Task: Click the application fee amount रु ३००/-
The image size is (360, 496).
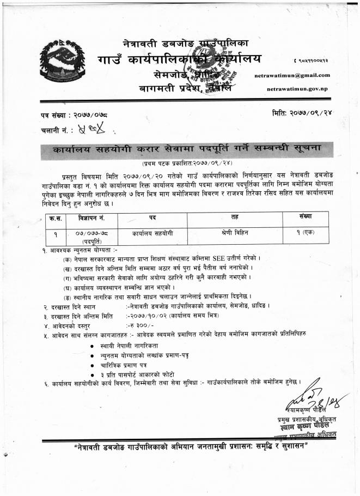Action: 139,325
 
